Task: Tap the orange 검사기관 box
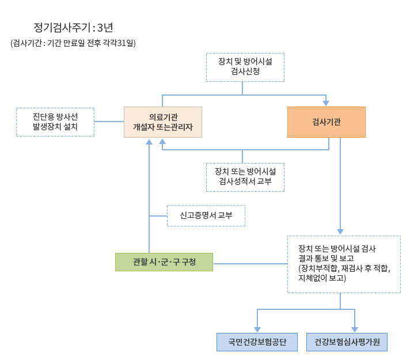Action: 326,122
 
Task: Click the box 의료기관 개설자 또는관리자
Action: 163,122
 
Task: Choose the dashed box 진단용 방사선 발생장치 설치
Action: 55,122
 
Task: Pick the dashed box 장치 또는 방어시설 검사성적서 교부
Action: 245,177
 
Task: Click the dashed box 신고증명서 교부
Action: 206,215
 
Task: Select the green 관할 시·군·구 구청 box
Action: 164,262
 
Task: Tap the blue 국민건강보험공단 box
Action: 257,342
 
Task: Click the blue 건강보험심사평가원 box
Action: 347,342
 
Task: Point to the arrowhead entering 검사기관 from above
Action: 326,103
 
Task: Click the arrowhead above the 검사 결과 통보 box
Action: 340,232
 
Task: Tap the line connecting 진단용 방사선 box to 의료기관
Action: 109,122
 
